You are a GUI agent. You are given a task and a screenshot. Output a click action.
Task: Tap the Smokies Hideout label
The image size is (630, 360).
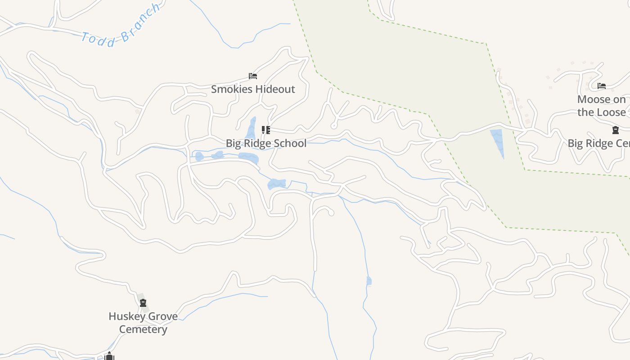253,89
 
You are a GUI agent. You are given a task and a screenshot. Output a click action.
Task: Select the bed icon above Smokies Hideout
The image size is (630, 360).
253,76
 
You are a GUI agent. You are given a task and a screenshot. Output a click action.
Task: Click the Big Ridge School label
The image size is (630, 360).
266,143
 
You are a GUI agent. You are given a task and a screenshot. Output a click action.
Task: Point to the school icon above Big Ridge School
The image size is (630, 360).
266,130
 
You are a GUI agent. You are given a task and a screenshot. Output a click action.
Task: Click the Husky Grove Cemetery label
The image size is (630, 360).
143,323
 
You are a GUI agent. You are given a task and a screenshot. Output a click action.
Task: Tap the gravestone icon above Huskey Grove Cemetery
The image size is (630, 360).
143,303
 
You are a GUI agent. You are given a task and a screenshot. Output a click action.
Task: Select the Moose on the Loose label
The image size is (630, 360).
602,106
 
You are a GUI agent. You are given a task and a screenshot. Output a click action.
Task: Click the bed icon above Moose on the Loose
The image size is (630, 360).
602,86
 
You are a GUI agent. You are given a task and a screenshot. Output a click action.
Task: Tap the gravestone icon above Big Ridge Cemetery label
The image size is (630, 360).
615,130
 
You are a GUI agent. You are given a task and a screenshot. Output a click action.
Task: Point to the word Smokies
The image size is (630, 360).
232,89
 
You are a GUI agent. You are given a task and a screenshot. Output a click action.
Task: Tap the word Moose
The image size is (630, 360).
595,99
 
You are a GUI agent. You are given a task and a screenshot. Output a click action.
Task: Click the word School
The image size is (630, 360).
290,143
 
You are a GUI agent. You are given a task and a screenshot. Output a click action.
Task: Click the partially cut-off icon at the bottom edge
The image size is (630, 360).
109,356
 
